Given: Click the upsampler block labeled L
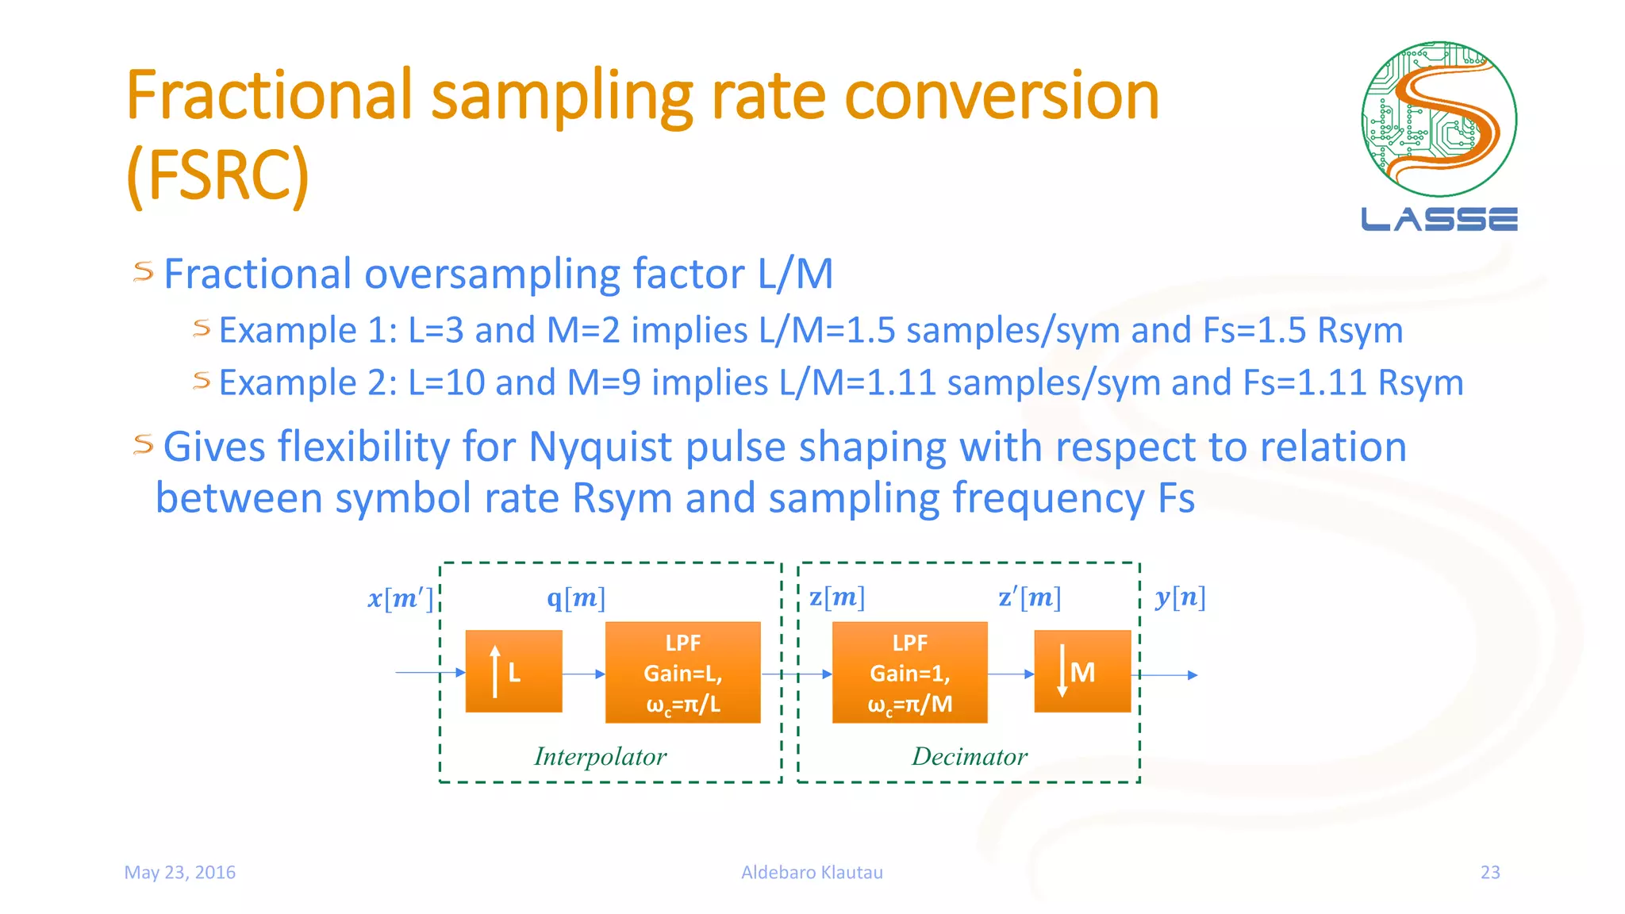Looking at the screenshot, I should click(x=513, y=671).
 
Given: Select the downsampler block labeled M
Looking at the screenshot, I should click(x=1082, y=671).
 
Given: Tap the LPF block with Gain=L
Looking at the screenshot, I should click(x=682, y=672).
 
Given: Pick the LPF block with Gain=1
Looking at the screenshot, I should click(x=909, y=672).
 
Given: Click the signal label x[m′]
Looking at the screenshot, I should click(x=401, y=597).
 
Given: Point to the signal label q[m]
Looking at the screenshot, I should click(x=576, y=597).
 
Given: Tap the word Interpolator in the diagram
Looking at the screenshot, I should click(x=600, y=756).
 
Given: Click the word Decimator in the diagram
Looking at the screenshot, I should click(x=969, y=756).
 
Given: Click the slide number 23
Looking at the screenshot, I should click(x=1490, y=872).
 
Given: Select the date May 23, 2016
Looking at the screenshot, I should click(x=180, y=872).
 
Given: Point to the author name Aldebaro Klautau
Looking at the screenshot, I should click(x=812, y=872).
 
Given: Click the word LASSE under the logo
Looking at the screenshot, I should click(x=1439, y=219).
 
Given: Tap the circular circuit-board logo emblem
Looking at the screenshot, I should click(x=1439, y=119).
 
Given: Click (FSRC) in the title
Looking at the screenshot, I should click(x=217, y=175).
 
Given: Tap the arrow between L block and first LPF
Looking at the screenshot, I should click(x=583, y=674).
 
